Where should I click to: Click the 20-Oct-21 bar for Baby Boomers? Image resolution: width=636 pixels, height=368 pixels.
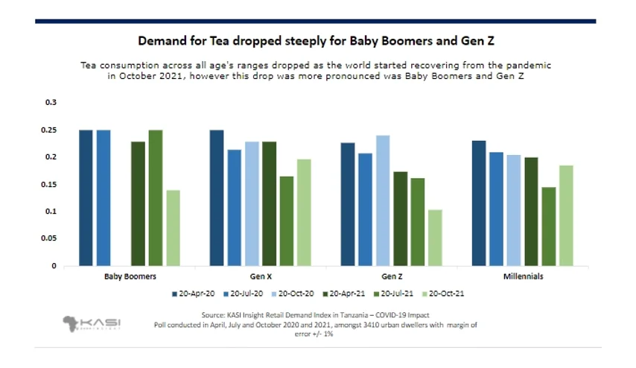click(x=174, y=228)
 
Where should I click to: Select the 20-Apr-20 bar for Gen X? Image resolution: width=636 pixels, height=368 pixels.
click(x=217, y=198)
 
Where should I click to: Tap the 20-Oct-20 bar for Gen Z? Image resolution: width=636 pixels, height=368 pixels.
click(x=383, y=201)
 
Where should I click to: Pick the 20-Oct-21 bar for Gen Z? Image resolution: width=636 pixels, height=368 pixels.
click(x=435, y=238)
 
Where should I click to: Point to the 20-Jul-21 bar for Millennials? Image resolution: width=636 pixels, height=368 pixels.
click(x=549, y=226)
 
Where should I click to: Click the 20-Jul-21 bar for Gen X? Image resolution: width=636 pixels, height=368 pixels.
click(x=287, y=221)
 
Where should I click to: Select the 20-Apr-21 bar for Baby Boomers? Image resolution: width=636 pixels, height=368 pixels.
click(x=138, y=204)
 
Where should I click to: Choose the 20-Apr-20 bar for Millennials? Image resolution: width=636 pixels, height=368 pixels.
click(x=479, y=203)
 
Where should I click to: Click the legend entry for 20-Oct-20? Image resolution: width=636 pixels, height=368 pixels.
click(x=293, y=294)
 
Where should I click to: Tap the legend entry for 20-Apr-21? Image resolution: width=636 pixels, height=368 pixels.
click(x=344, y=294)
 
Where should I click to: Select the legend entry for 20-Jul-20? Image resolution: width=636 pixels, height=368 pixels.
click(x=243, y=294)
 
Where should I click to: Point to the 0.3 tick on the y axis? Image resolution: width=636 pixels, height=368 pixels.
click(x=51, y=102)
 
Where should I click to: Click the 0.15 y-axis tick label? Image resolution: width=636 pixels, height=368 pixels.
click(x=48, y=185)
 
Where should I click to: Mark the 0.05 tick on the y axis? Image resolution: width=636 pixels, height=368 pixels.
click(x=48, y=238)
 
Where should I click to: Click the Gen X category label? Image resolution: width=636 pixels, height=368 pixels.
click(x=261, y=276)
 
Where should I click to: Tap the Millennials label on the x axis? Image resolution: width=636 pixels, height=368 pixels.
click(x=524, y=276)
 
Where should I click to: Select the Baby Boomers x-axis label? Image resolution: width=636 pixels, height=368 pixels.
click(x=130, y=276)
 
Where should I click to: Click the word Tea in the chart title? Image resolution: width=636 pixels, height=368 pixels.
click(x=219, y=41)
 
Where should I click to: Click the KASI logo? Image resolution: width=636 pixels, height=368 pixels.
click(x=92, y=324)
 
